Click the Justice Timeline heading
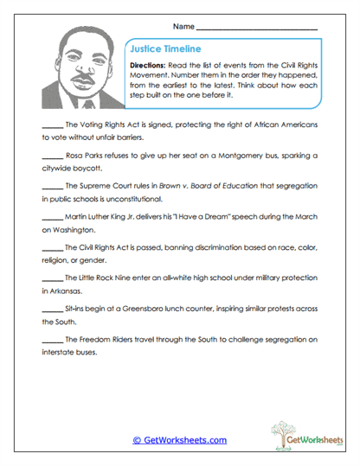(x=164, y=49)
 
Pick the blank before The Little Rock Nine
(x=51, y=278)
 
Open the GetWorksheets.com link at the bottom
(x=180, y=440)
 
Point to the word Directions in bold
(x=148, y=66)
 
